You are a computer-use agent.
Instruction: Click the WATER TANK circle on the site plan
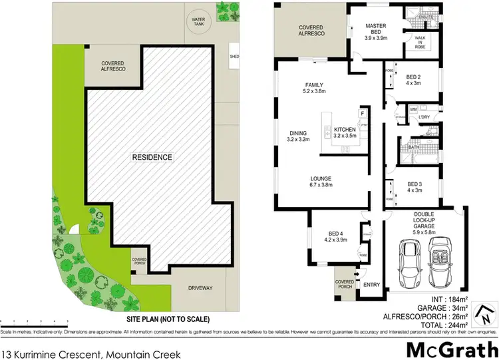coord(198,21)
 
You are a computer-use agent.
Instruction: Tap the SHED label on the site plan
coord(234,56)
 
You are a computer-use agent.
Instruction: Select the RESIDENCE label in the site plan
coord(152,157)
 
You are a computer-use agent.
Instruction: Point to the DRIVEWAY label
coord(200,287)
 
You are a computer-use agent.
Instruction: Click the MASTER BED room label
coord(375,30)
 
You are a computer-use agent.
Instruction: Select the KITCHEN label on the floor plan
coord(345,132)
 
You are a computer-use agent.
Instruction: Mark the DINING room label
coord(298,136)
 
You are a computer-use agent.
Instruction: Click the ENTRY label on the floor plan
coord(371,285)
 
